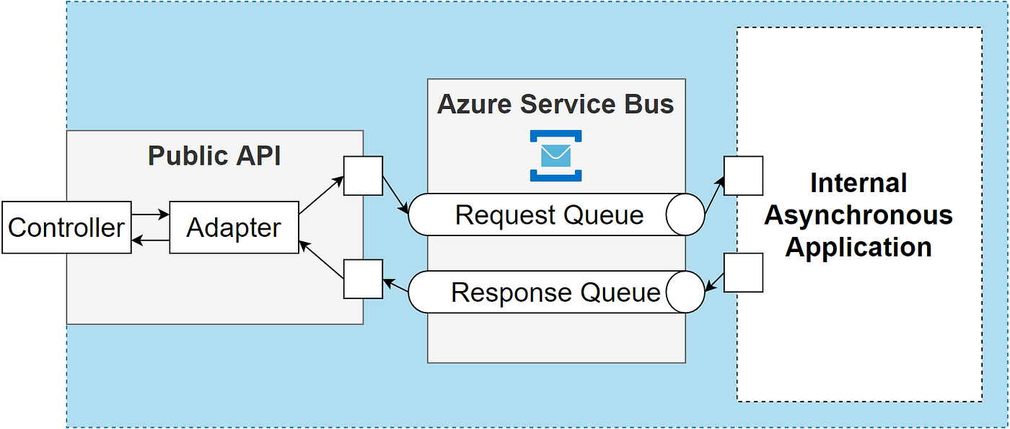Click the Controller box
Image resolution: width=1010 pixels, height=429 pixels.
(66, 227)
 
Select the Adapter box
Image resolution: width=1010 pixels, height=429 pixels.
(234, 227)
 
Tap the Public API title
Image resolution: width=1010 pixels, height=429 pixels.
(214, 156)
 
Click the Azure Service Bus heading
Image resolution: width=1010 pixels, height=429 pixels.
(555, 104)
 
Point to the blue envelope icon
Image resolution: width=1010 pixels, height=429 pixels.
(555, 155)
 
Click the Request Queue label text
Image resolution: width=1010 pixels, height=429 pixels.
(549, 215)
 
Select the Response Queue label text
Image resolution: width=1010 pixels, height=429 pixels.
(555, 292)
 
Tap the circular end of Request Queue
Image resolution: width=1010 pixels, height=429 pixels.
(684, 214)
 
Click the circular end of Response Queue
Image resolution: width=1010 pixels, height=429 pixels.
(684, 292)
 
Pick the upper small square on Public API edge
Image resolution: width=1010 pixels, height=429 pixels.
(363, 175)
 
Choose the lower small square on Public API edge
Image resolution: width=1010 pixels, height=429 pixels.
(363, 279)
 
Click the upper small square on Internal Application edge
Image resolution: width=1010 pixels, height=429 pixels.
(743, 175)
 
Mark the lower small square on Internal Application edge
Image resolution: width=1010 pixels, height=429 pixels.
(743, 272)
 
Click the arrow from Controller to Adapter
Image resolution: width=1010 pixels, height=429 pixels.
(150, 214)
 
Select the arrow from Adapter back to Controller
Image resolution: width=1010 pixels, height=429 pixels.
(150, 241)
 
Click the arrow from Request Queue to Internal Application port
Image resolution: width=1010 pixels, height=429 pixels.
(713, 196)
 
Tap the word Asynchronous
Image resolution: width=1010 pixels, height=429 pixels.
(858, 215)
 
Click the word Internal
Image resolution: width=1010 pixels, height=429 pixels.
(858, 183)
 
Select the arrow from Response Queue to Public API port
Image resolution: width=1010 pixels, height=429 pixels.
(395, 287)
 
